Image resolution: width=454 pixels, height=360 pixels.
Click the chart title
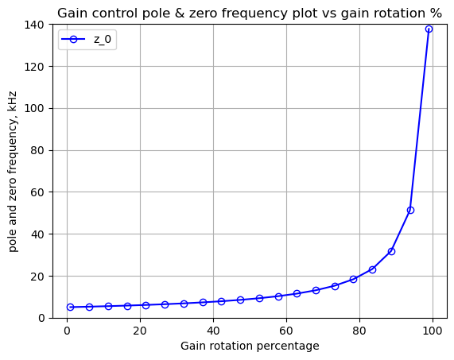250,14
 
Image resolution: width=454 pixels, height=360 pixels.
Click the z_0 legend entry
87,40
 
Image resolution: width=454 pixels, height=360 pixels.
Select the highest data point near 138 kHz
429,29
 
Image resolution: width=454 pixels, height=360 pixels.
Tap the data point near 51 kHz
410,210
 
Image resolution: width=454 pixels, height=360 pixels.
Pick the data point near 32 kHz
391,251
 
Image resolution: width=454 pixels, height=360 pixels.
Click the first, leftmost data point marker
70,307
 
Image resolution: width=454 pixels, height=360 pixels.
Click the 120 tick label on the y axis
34,67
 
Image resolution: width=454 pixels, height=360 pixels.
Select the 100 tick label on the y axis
34,109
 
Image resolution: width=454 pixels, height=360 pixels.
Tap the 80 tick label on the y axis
38,150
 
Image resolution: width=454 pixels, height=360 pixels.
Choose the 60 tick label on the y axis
38,192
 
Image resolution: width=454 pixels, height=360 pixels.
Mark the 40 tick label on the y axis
38,234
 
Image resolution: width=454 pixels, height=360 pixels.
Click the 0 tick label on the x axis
67,331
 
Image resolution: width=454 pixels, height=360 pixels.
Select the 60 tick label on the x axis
287,331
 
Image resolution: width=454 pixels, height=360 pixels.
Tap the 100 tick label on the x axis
433,331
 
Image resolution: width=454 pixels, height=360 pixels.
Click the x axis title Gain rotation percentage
250,346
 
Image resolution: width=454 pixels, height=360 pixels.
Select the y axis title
13,172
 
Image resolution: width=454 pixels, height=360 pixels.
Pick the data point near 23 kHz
372,269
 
